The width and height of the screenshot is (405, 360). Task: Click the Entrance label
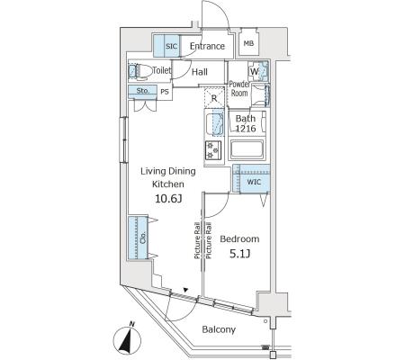coord(207,46)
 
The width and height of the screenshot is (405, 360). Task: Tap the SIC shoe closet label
coord(172,46)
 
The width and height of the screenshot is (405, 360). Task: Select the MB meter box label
coord(248,43)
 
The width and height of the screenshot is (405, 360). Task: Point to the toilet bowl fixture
coord(140,71)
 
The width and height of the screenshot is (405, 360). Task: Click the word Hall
coord(200,72)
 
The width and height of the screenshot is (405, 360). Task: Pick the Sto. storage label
coord(143,90)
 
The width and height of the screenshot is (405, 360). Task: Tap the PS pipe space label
coord(165,92)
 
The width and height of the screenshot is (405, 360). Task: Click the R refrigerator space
coord(214,97)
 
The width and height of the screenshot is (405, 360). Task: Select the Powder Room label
coord(239,88)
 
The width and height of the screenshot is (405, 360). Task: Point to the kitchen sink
coord(215,123)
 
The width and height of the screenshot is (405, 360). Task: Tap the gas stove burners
coord(213,150)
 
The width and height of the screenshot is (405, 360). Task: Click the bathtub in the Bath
coord(247,149)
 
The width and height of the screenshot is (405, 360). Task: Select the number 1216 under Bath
coord(246,129)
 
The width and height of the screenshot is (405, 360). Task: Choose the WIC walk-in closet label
coord(254,182)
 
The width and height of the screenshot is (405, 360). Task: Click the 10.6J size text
coord(168,198)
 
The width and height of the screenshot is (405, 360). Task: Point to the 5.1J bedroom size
coord(240,254)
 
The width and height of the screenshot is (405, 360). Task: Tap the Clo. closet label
coord(143,238)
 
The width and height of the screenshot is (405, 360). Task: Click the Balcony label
coord(219,329)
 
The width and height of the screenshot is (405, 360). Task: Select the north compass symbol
coord(127,339)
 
